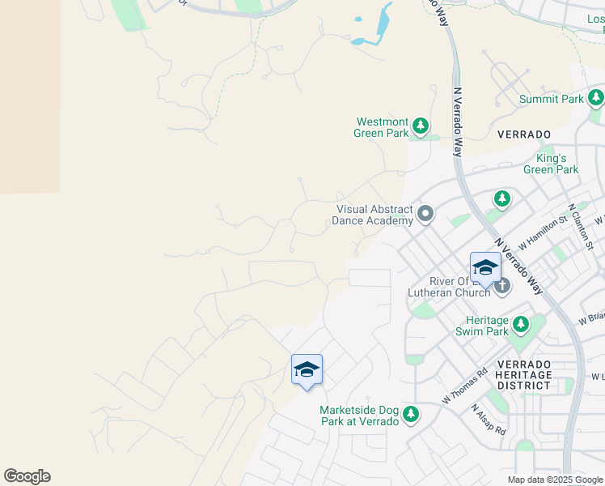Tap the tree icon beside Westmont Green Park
420,126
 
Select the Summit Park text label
551,99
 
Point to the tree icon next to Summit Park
596,98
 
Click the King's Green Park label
551,164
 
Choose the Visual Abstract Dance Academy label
374,215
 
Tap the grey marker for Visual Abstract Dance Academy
425,215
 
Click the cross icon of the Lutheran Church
502,285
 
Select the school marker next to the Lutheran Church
485,268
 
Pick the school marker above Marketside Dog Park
307,370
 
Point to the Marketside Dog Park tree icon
411,415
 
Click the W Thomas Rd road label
464,387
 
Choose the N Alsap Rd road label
488,420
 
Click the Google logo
27,476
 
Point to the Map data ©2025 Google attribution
555,480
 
